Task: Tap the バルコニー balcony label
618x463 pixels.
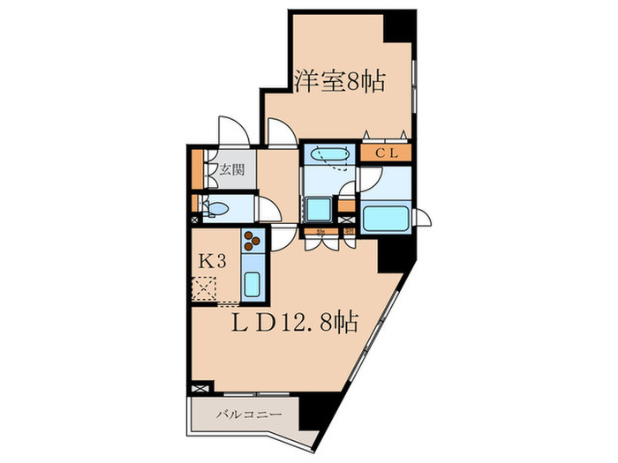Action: tap(248, 414)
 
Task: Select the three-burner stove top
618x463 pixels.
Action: tap(252, 240)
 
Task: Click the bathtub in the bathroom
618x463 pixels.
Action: tap(384, 218)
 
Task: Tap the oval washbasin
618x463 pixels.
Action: tap(328, 154)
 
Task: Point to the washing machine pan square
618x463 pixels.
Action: tap(318, 210)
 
